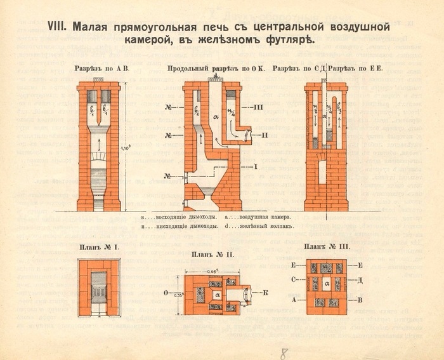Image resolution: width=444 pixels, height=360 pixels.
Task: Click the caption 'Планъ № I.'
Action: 98,248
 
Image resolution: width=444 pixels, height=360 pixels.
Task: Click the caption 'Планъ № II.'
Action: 213,255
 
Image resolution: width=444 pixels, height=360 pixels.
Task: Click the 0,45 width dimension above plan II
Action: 214,269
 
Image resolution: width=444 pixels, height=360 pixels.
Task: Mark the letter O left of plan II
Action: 166,293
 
